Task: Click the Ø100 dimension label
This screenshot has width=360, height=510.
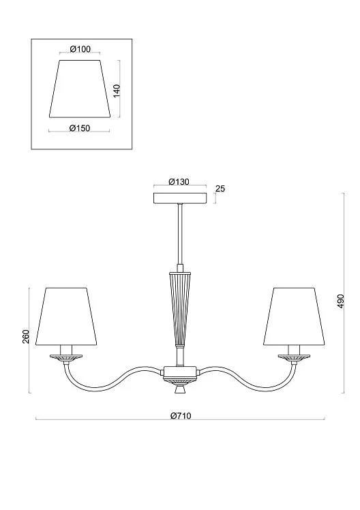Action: pyautogui.click(x=80, y=49)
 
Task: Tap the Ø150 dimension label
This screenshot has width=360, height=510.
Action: pyautogui.click(x=79, y=128)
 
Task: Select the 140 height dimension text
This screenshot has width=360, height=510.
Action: pyautogui.click(x=117, y=91)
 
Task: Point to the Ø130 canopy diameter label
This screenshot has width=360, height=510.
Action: pyautogui.click(x=179, y=182)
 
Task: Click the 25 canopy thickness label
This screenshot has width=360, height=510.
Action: pyautogui.click(x=220, y=189)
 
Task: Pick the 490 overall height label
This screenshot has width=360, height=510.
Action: pyautogui.click(x=340, y=301)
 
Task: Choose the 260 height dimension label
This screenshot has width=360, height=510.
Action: pyautogui.click(x=26, y=336)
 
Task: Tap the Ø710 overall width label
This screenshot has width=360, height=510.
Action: pyautogui.click(x=181, y=416)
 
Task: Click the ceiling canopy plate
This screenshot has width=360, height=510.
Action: pyautogui.click(x=180, y=198)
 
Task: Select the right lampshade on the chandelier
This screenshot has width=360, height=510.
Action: pyautogui.click(x=294, y=316)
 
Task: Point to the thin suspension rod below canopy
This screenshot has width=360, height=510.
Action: pyautogui.click(x=180, y=234)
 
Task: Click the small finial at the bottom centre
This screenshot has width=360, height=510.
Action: pyautogui.click(x=180, y=389)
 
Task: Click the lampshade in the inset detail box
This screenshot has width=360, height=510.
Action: pyautogui.click(x=80, y=88)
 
